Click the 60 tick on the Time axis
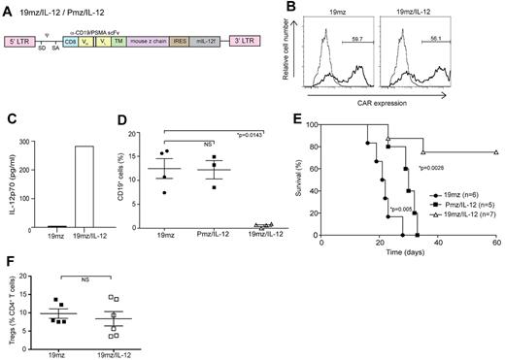point(496,244)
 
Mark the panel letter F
point(8,261)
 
